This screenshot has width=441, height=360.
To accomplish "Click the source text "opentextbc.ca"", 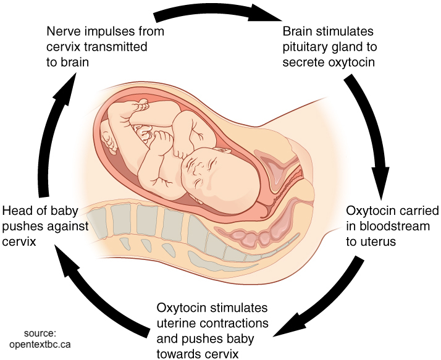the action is (40, 344).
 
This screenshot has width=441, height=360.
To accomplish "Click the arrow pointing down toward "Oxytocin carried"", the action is (371, 135).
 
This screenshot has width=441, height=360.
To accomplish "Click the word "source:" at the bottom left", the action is (40, 333).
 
